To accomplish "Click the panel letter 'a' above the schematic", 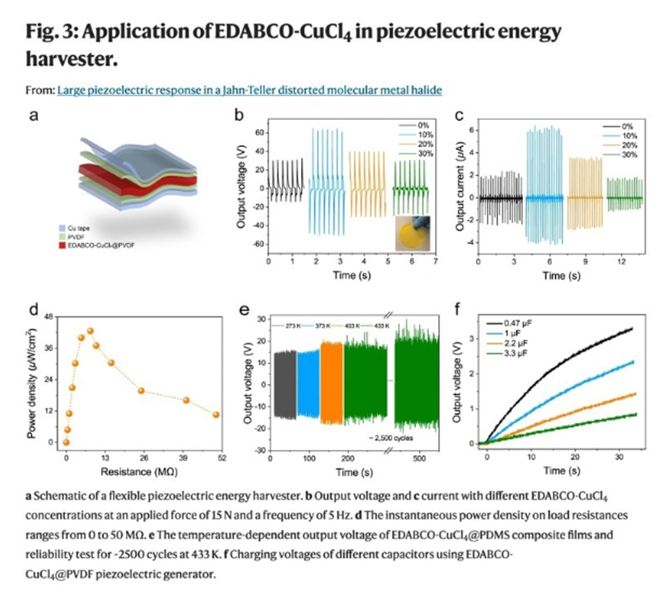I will [34, 116].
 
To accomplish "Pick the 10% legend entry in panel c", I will [631, 136].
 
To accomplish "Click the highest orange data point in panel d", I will [90, 331].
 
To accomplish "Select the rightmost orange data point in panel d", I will [216, 415].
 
